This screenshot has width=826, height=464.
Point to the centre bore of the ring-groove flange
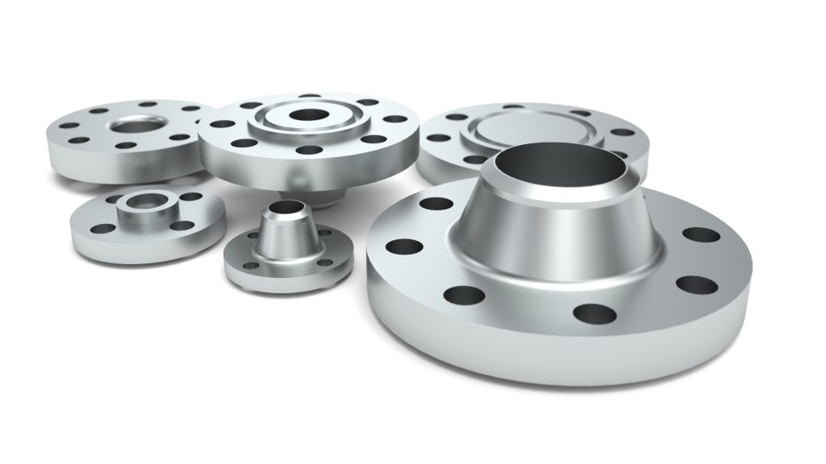tap(310, 115)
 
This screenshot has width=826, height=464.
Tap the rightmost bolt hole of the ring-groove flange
tap(397, 119)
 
